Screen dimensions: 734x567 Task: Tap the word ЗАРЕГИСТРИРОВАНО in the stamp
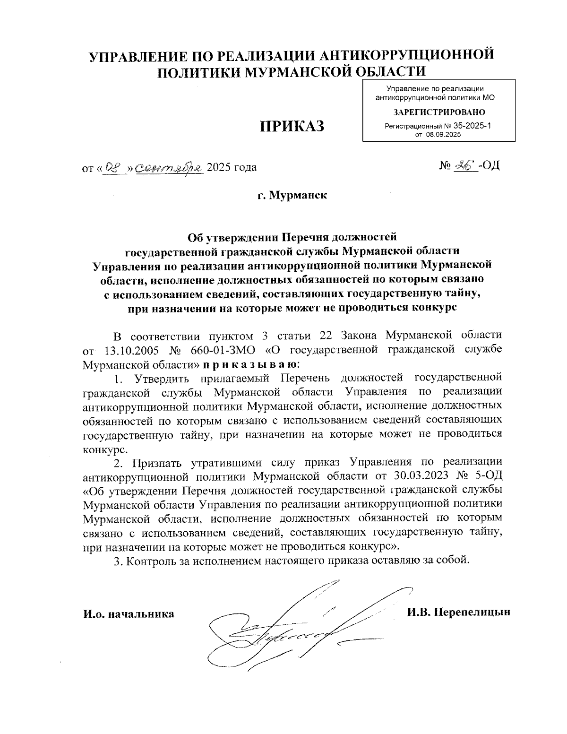(x=439, y=112)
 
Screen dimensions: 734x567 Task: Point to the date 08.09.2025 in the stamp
(x=443, y=135)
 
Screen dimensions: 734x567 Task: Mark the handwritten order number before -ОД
(x=464, y=165)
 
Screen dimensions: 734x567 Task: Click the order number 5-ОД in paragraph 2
(x=484, y=475)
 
